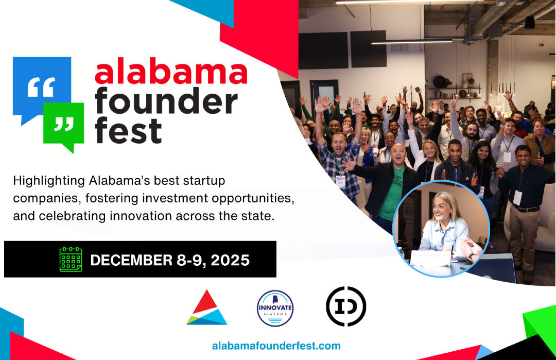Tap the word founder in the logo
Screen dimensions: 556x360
(x=166, y=101)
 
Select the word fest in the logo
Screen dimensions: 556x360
(x=128, y=130)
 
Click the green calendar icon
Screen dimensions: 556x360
(x=71, y=260)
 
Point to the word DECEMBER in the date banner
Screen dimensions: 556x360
(x=131, y=260)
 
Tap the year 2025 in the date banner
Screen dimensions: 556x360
(x=230, y=260)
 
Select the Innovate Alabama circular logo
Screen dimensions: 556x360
(x=275, y=308)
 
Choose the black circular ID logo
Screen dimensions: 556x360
(x=346, y=306)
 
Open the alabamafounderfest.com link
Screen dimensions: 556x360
(x=276, y=346)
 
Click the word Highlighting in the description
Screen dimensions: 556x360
(x=49, y=181)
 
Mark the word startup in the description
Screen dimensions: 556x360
(x=204, y=181)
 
